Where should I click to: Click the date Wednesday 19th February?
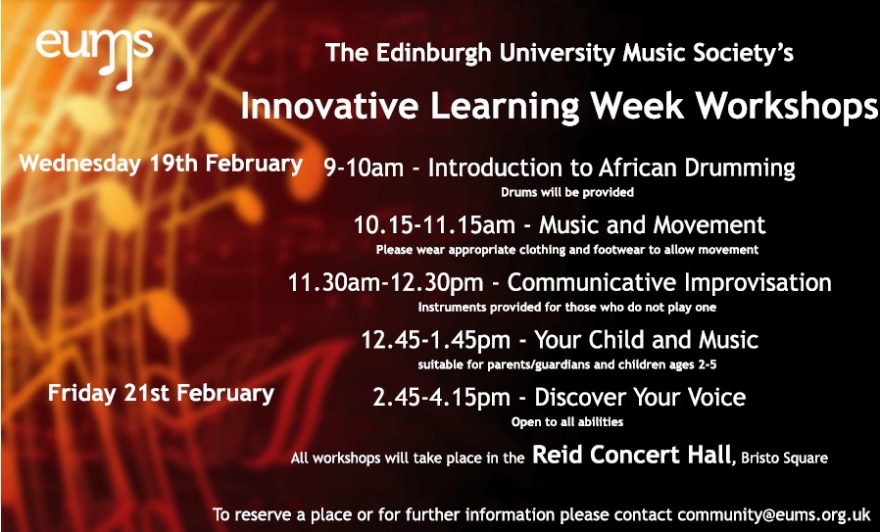click(161, 164)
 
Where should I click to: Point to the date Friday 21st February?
click(161, 393)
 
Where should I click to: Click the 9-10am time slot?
click(364, 168)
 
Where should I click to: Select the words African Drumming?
click(697, 168)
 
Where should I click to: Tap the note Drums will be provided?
click(566, 192)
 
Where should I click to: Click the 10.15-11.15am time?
click(434, 225)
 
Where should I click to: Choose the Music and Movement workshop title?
click(652, 225)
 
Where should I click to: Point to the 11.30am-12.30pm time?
click(385, 282)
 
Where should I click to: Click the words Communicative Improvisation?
click(669, 282)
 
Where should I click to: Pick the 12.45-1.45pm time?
click(435, 340)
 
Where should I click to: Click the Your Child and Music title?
click(646, 340)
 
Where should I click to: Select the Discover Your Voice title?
click(640, 398)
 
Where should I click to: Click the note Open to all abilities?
click(566, 421)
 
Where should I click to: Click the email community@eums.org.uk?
click(774, 514)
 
